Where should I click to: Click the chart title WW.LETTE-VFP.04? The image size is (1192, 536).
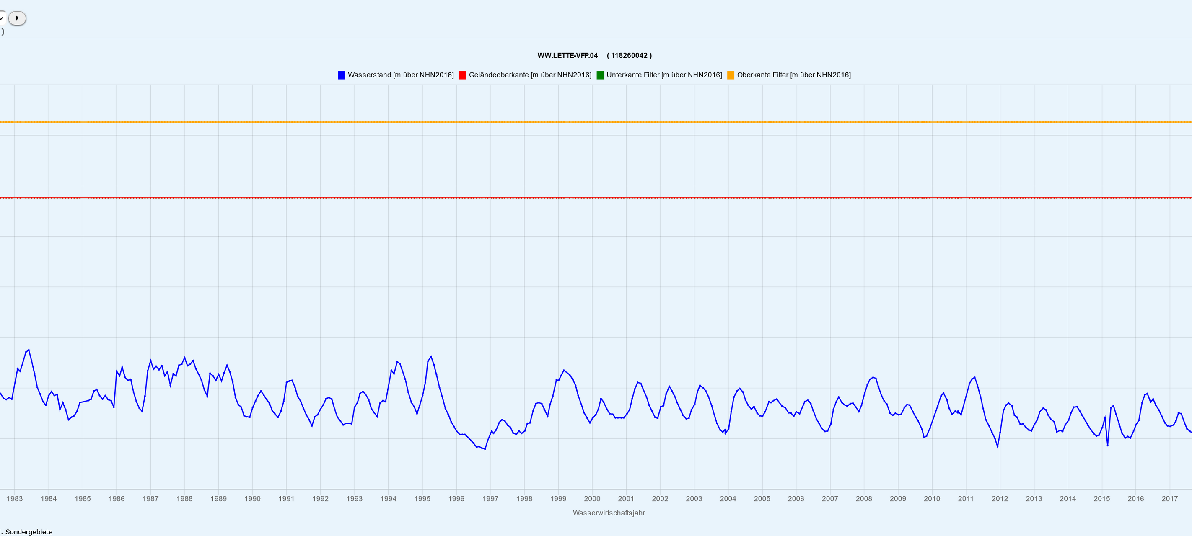pos(567,56)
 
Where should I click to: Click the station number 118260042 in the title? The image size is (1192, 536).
pos(629,56)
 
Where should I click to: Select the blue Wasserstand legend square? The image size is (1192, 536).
pos(342,75)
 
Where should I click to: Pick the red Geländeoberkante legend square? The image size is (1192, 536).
pos(462,75)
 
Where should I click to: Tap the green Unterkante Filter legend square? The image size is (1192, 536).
pos(600,75)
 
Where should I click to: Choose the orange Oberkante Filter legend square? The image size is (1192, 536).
pos(731,75)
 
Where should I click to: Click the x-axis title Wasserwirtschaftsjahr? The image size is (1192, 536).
pos(609,513)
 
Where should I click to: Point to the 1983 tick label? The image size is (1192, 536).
pos(14,499)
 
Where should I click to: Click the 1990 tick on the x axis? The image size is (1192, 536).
pos(252,499)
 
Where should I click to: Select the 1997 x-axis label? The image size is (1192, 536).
pos(490,499)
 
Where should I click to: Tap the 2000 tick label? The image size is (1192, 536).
pos(592,499)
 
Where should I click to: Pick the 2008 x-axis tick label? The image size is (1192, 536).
pos(864,499)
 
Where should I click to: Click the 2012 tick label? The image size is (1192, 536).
pos(1000,499)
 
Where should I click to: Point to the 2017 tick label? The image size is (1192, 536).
pos(1169,499)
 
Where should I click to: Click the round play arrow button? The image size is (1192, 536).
pos(17,18)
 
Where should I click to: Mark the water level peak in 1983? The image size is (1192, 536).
pos(29,350)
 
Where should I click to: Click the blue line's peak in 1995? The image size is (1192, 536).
pos(431,356)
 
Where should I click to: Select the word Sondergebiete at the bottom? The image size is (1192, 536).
pos(29,532)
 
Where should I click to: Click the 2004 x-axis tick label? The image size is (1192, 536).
pos(728,499)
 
